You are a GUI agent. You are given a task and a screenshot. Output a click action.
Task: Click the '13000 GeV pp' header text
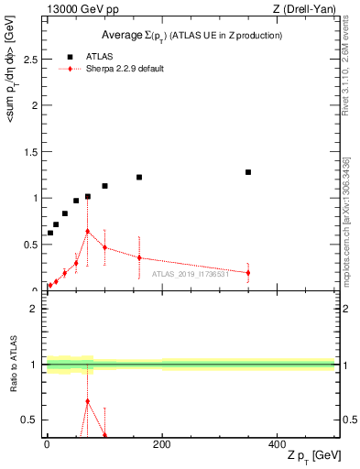[x=77, y=8]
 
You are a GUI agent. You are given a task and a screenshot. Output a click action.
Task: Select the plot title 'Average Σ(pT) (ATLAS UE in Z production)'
[x=191, y=35]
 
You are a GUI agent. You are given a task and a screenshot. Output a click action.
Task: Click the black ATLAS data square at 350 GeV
[x=248, y=172]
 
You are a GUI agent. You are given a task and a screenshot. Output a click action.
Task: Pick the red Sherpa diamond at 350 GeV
[x=248, y=273]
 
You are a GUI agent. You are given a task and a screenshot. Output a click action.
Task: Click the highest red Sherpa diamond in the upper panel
[x=87, y=232]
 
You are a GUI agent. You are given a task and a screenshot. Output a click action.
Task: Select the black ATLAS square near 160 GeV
[x=139, y=177]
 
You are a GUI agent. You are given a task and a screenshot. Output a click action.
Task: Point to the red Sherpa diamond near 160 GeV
[x=139, y=257]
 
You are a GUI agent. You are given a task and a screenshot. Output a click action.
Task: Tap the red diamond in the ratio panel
[x=87, y=401]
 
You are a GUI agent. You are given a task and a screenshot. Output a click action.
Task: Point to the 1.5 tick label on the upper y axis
[x=29, y=151]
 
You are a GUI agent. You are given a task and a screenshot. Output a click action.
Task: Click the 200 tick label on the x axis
[x=161, y=444]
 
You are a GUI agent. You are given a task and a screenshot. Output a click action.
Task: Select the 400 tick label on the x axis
[x=277, y=444]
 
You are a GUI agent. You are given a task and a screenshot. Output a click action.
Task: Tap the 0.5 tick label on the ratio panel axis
[x=29, y=420]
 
